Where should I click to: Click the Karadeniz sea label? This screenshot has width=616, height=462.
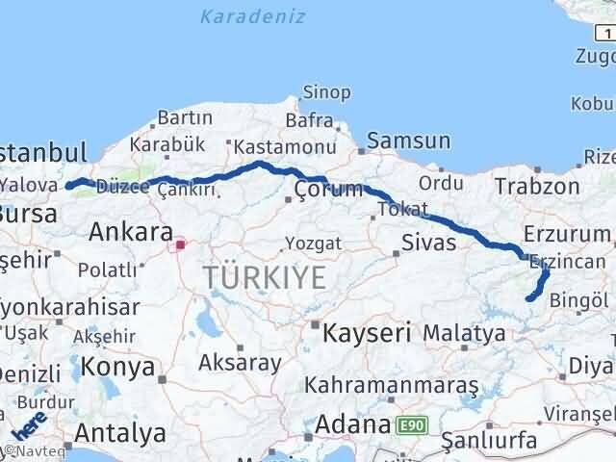254,16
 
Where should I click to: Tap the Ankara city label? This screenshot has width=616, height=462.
131,232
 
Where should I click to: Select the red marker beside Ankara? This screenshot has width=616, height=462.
180,244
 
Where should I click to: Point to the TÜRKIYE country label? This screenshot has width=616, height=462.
265,278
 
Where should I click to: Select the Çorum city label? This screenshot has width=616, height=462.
329,188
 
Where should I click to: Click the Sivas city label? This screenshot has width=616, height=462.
429,242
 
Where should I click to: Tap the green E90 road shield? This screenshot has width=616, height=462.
409,423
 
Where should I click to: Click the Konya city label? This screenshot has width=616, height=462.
118,367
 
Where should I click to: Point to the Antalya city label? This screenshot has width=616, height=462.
119,432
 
